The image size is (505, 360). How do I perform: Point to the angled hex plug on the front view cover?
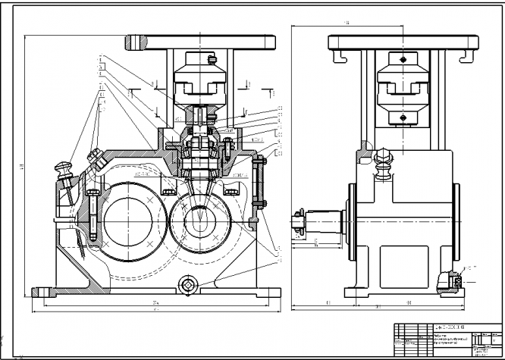pos(96,157)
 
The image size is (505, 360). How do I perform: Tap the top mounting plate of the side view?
pos(401,43)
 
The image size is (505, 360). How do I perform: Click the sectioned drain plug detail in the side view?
pos(456,281)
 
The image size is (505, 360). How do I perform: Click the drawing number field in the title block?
pos(445,327)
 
